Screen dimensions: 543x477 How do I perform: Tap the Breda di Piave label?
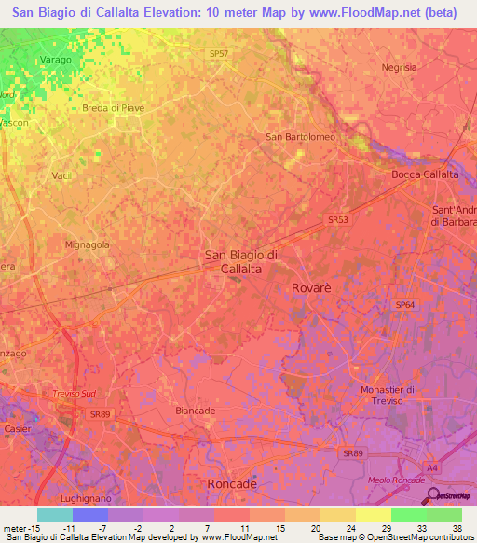(113, 108)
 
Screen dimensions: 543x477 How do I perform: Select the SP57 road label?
(218, 54)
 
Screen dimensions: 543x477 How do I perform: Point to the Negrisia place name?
(399, 67)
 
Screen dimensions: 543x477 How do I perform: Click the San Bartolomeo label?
(300, 137)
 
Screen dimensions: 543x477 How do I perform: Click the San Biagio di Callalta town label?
(240, 261)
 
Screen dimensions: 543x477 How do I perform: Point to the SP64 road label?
(404, 305)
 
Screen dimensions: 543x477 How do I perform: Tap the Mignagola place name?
(87, 245)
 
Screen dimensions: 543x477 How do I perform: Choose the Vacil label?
(61, 175)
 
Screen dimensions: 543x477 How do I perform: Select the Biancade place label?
(196, 411)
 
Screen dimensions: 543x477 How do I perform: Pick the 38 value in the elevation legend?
(457, 528)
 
